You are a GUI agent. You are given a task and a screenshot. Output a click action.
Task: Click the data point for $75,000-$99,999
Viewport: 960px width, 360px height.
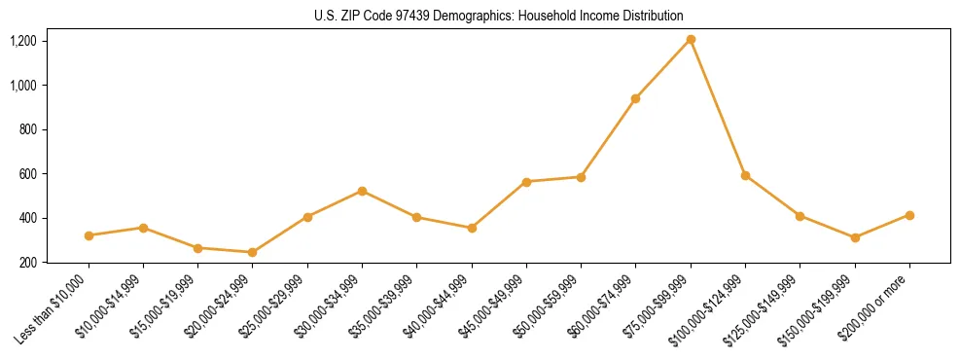click(x=691, y=40)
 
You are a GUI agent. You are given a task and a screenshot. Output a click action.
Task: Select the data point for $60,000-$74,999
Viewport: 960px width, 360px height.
click(x=635, y=98)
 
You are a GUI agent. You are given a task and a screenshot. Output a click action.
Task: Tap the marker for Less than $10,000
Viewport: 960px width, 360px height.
click(x=89, y=235)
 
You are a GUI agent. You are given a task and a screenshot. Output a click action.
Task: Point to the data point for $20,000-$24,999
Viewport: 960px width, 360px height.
click(x=253, y=252)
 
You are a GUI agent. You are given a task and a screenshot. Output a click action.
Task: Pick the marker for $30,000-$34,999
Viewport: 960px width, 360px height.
click(x=362, y=191)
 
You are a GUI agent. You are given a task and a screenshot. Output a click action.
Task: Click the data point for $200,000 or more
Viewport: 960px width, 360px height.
click(x=909, y=215)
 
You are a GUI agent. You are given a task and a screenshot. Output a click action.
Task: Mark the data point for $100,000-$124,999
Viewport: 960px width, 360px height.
click(x=745, y=175)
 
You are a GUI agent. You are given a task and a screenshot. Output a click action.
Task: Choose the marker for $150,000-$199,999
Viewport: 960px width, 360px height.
click(x=855, y=237)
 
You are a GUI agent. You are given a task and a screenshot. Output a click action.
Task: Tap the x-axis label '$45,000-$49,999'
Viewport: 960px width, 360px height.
click(x=494, y=305)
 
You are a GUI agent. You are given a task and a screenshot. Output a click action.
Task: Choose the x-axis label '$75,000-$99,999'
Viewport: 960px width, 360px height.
click(x=658, y=305)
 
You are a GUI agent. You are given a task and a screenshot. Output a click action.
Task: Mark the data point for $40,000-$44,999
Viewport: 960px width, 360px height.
click(x=472, y=228)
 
